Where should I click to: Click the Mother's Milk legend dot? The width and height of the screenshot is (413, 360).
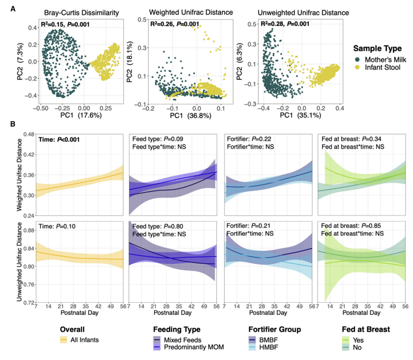point(357,59)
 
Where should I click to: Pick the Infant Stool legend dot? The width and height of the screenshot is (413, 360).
point(357,68)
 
